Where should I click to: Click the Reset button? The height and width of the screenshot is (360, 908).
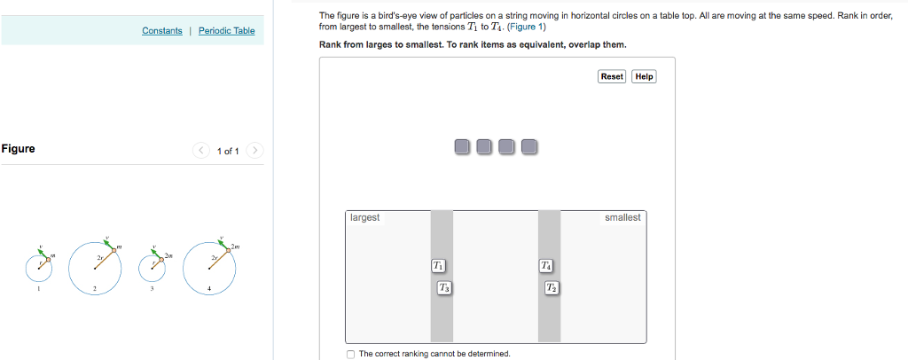click(x=612, y=77)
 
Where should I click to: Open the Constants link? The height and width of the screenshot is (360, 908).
click(x=161, y=31)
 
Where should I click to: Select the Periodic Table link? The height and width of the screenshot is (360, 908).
click(x=226, y=31)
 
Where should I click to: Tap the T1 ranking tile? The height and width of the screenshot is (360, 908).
click(x=438, y=265)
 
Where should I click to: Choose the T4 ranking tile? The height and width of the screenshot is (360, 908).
click(x=546, y=265)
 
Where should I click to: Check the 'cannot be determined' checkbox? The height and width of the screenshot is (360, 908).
click(x=351, y=354)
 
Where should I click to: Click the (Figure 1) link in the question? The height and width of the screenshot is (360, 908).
click(x=527, y=27)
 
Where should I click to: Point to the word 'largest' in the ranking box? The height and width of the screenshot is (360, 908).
click(x=365, y=218)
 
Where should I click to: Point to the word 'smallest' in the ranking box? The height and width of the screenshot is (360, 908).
click(x=622, y=218)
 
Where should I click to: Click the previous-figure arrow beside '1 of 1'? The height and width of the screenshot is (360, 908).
click(x=200, y=151)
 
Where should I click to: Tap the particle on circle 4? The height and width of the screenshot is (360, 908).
click(x=227, y=251)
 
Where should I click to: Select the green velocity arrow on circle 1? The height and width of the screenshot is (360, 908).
click(x=42, y=253)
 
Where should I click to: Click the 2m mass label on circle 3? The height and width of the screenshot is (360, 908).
click(x=168, y=255)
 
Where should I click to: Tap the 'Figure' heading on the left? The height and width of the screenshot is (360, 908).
click(x=19, y=149)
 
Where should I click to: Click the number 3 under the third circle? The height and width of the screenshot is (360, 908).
click(x=153, y=289)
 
